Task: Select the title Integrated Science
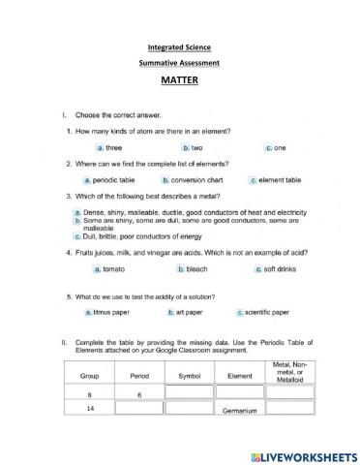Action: tap(180, 46)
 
